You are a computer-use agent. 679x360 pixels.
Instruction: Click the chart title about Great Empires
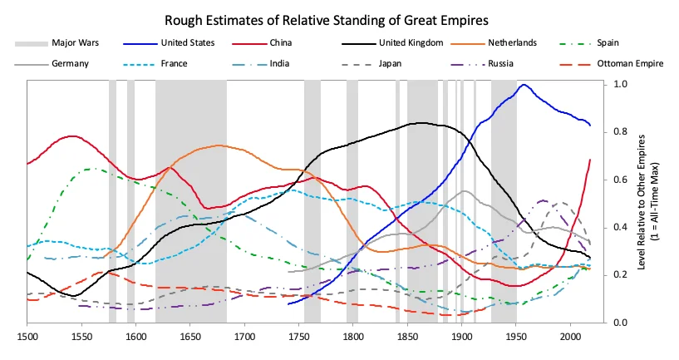coord(338,18)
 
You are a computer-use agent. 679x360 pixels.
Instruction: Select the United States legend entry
coord(187,42)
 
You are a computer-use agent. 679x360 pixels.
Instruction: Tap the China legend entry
coord(280,42)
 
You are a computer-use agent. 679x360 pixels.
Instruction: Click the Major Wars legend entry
coord(72,42)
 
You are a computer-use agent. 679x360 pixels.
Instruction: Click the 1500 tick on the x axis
coord(27,338)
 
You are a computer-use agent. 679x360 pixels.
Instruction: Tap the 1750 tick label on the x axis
coord(299,338)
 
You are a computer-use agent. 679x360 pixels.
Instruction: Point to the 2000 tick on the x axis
coord(570,338)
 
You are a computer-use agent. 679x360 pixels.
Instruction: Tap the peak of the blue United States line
coord(524,85)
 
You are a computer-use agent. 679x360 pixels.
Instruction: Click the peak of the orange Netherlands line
coord(219,145)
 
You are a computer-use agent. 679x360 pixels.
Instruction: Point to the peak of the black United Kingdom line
coord(421,123)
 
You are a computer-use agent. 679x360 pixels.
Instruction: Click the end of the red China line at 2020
coord(590,160)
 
